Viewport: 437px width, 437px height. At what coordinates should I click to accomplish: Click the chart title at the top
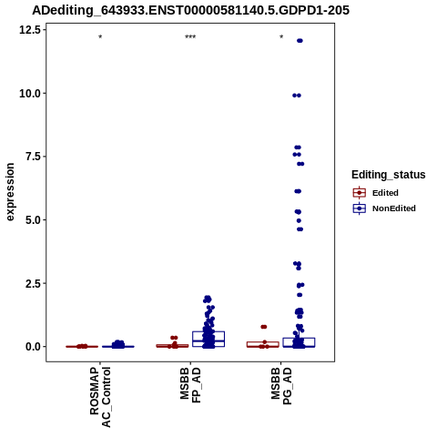(x=190, y=10)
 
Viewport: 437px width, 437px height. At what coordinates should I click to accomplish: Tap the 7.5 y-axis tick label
(x=33, y=157)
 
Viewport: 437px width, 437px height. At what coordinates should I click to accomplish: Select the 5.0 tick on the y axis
(x=33, y=219)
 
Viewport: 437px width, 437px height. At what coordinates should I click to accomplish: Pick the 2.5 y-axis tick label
(x=33, y=283)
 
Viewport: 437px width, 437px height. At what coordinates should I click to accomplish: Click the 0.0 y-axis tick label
(x=33, y=346)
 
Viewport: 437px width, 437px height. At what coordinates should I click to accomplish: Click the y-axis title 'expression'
(x=10, y=192)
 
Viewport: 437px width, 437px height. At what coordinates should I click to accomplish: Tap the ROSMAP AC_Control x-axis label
(x=100, y=397)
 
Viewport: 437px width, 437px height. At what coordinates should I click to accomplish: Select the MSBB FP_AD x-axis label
(x=190, y=385)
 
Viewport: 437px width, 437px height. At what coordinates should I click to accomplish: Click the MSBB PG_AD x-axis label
(x=281, y=386)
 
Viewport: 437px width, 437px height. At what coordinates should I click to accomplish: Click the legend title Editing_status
(x=389, y=175)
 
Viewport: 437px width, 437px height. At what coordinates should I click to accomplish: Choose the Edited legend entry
(x=375, y=193)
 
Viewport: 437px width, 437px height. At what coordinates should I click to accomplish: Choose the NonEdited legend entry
(x=384, y=208)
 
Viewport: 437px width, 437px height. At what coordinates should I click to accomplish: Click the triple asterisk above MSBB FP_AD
(x=190, y=37)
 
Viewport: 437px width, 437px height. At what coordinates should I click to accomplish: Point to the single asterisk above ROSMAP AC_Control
(x=100, y=37)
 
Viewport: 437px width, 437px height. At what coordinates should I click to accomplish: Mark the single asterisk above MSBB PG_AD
(x=281, y=37)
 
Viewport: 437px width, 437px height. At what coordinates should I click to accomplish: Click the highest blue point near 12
(x=300, y=41)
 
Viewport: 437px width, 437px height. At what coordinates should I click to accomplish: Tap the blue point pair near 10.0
(x=297, y=96)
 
